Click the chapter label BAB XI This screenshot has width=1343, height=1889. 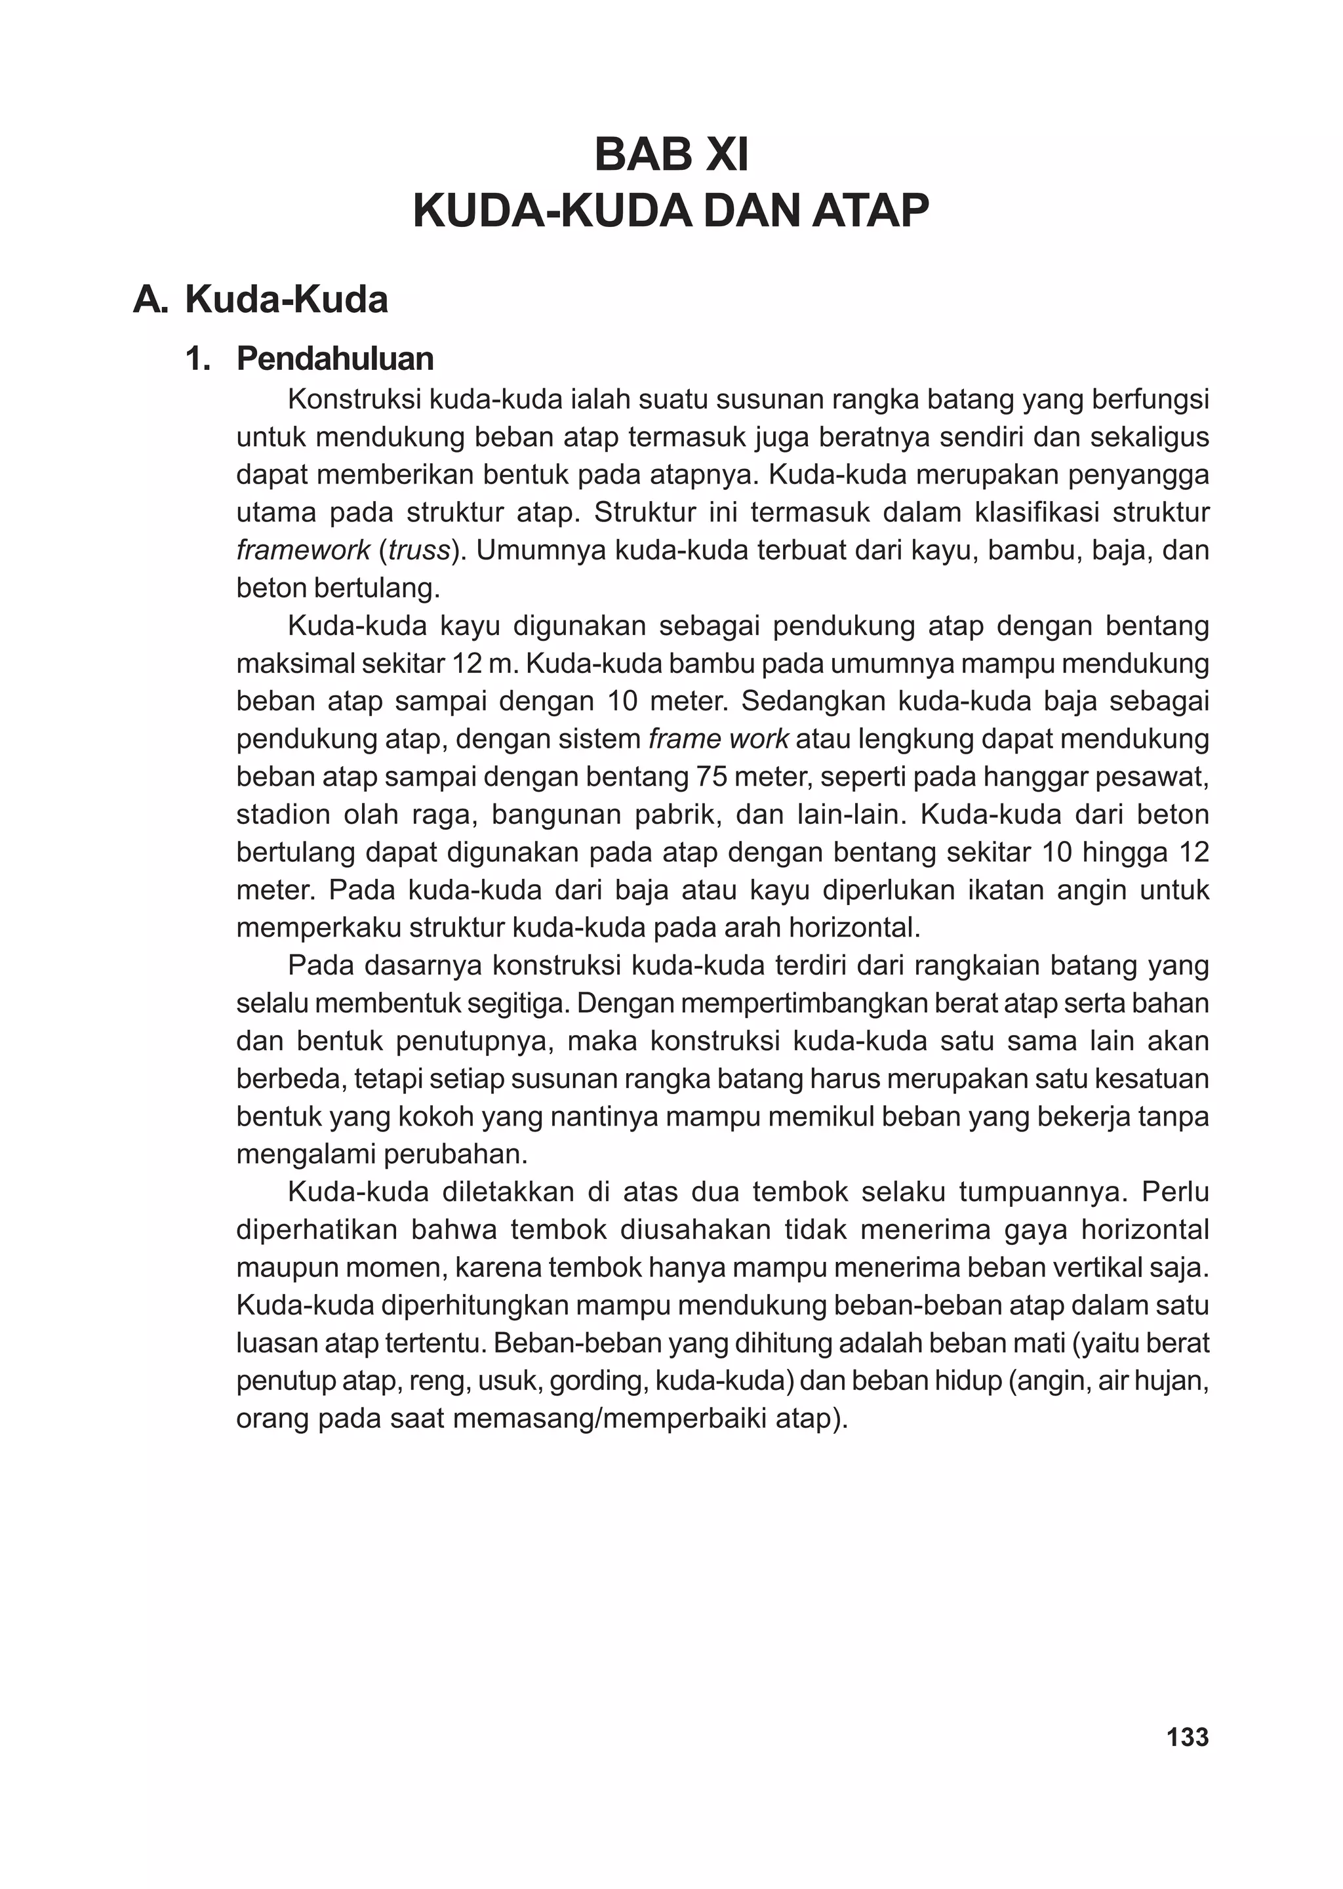click(x=671, y=155)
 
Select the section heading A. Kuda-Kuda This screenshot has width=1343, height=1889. click(x=260, y=299)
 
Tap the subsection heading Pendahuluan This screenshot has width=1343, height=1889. click(x=335, y=359)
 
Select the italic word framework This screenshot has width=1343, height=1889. click(x=303, y=551)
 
